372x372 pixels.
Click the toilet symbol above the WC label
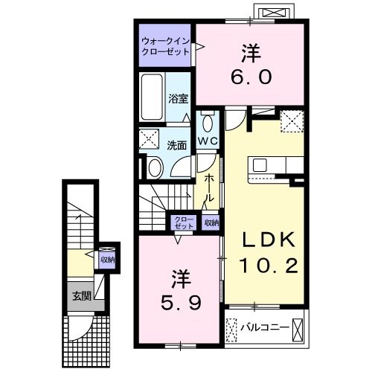tap(207, 122)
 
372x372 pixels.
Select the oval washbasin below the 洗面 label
tap(155, 167)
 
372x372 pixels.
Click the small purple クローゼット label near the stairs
tap(182, 222)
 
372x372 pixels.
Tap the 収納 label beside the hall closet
tap(211, 222)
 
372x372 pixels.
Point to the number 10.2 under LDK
tap(268, 264)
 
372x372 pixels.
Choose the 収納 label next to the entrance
tap(107, 260)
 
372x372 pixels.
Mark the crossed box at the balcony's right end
tap(299, 327)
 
